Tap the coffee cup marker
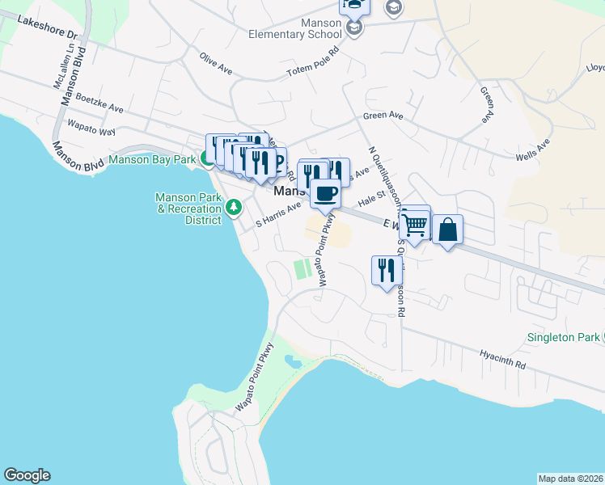point(326,194)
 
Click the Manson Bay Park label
point(152,160)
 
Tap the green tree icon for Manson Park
point(235,209)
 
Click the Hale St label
point(370,199)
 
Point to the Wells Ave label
point(532,149)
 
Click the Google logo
point(27,475)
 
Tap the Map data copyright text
point(570,478)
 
